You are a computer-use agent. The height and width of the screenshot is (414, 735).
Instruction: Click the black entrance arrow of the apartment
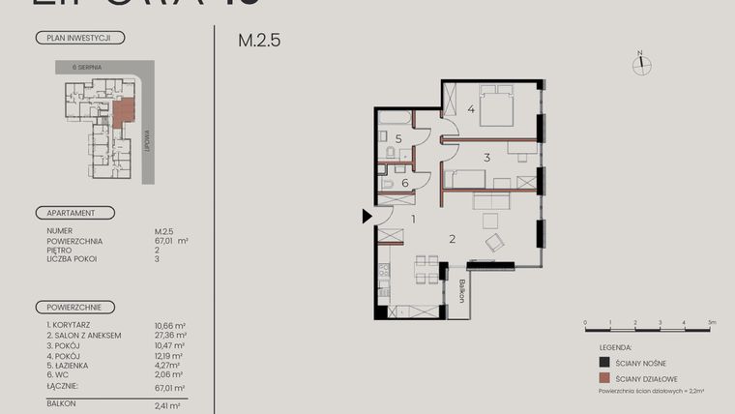367,217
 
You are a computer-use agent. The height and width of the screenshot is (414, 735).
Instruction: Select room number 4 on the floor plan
471,109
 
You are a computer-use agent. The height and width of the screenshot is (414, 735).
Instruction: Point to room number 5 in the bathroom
397,138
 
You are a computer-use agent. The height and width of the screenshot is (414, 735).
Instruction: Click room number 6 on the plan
404,182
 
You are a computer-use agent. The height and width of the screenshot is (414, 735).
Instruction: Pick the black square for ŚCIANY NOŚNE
603,363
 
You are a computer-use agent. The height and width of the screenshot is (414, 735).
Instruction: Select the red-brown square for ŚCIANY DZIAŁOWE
603,379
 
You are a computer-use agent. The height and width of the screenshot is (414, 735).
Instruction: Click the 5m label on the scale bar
709,321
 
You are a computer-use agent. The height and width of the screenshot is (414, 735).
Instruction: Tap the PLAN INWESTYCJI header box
79,38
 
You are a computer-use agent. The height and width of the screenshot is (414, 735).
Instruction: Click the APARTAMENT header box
74,213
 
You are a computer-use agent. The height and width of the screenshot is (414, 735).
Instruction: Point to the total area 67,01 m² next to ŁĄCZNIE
170,387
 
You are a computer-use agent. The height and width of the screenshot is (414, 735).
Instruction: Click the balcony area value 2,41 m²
168,407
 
